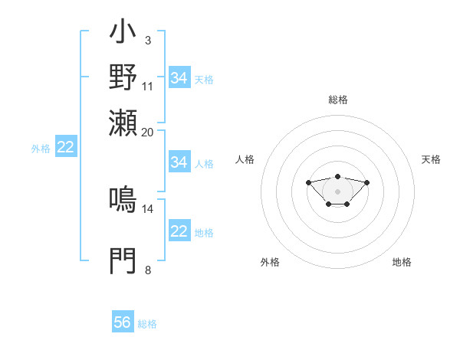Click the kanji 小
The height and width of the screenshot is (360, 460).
pos(123,33)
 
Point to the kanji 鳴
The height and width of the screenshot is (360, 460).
pos(123,200)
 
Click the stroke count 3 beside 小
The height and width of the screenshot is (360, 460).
pos(147,39)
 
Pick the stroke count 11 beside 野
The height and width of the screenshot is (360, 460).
pos(148,85)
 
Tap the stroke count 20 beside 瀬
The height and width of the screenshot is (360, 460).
pos(148,131)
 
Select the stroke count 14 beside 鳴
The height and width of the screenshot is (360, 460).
pos(148,208)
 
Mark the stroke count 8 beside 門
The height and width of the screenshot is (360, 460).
pos(147,270)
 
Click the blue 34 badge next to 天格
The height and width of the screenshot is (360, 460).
pos(179,78)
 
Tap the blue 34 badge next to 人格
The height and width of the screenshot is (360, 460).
pos(179,162)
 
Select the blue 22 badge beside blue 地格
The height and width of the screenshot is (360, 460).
pos(179,231)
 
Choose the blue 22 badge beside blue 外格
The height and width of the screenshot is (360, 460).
pos(65,147)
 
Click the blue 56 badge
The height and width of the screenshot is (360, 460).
pos(123,322)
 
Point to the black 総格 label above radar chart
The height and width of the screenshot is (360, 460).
pos(338,100)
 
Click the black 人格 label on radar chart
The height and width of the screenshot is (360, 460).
pos(245,159)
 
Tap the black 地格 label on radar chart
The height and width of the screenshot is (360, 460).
pos(402,262)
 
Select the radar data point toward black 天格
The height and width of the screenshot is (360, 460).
pos(367,182)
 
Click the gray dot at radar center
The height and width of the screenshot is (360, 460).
pos(338,191)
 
